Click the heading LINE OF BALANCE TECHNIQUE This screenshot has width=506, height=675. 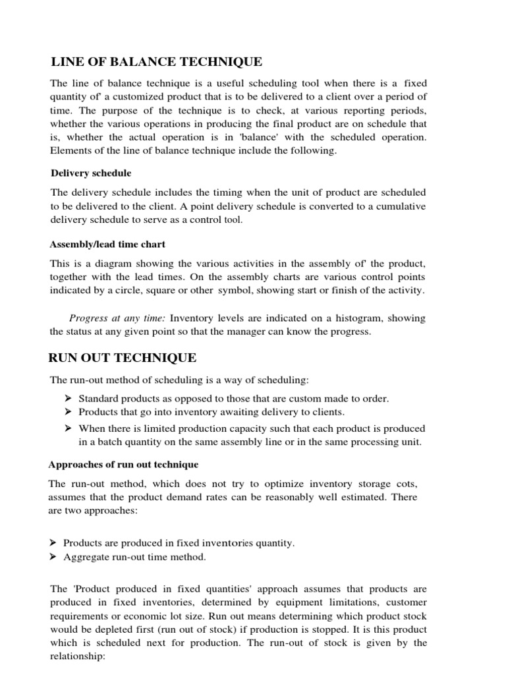click(x=157, y=62)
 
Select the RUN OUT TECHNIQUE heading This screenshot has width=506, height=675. click(x=123, y=358)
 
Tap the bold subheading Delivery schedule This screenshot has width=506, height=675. click(x=92, y=173)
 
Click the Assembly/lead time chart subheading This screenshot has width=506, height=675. click(x=108, y=244)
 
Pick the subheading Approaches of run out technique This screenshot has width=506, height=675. click(x=125, y=464)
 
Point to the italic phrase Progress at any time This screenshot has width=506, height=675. click(x=109, y=318)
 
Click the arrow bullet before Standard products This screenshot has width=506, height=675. click(x=67, y=399)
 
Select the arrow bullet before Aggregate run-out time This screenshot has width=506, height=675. click(x=53, y=557)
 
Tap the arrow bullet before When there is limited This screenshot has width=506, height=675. click(x=67, y=428)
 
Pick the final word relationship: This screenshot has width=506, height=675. click(x=77, y=656)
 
